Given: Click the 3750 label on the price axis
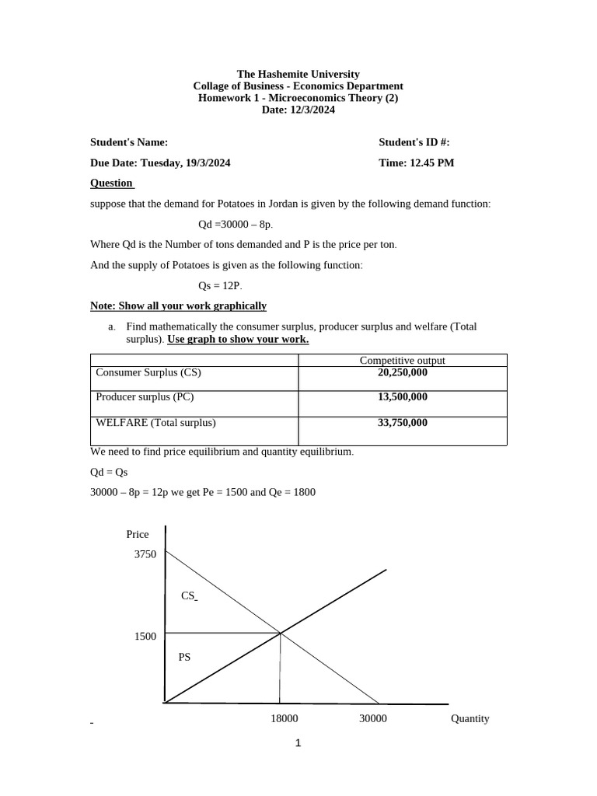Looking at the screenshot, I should click(145, 554).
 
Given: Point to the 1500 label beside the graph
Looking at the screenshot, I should click(145, 636).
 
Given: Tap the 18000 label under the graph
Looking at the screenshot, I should click(284, 718).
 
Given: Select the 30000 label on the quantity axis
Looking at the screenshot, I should click(372, 718).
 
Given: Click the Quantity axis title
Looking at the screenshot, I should click(470, 718).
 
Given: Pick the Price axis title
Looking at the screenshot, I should click(137, 534).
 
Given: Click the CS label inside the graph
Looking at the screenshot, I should click(188, 595).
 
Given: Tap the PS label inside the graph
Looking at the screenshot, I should click(184, 657).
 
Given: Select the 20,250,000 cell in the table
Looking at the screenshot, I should click(402, 372).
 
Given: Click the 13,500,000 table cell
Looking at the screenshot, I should click(402, 396).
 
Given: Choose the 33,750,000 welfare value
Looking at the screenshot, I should click(402, 423).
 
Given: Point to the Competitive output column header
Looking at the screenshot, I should click(402, 361).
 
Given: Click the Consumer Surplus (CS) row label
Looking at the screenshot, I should click(148, 372).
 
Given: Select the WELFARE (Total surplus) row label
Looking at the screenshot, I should click(155, 423).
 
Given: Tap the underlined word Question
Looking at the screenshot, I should click(111, 183).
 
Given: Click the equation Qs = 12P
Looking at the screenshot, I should click(221, 285).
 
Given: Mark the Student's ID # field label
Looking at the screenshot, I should click(414, 142).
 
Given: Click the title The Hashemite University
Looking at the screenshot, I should click(298, 74).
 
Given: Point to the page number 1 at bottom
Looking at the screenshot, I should click(298, 743).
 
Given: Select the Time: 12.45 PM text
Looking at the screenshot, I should click(416, 162).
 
